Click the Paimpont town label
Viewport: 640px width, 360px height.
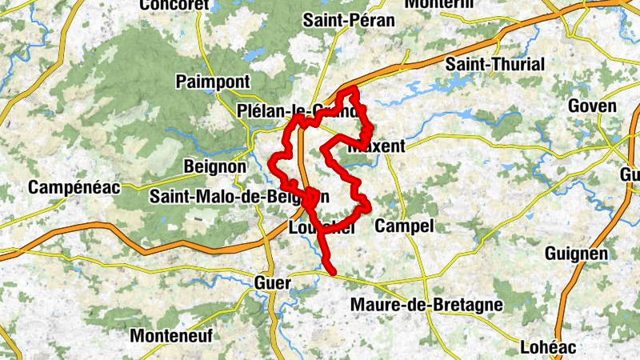213,82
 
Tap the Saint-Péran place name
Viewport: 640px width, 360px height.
349,21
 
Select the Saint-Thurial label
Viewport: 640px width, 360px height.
494,64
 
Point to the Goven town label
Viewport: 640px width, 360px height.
592,106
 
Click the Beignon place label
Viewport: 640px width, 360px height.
215,167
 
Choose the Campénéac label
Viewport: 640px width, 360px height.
74,188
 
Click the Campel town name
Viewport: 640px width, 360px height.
403,226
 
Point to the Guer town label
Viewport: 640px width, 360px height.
270,282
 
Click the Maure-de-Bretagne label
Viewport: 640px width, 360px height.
426,305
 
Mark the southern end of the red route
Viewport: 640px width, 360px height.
332,273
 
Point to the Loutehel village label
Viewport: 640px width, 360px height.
320,228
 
